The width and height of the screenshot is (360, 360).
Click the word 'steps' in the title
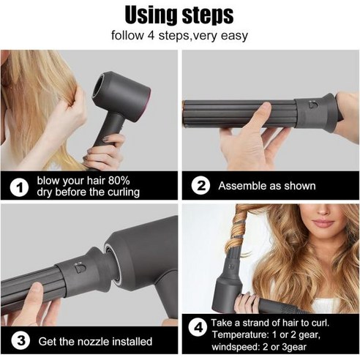coord(209,15)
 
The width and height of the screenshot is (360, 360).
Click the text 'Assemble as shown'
coord(266,186)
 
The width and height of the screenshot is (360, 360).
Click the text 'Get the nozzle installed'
coord(95,341)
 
